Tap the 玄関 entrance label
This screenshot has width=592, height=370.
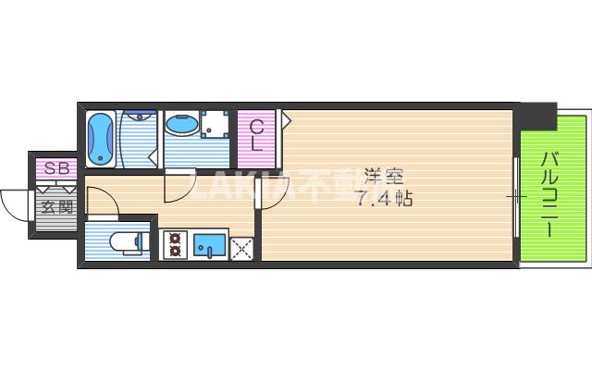click(x=55, y=205)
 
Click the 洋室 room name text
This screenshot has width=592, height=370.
click(x=379, y=175)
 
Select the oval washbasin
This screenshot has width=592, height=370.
click(x=181, y=125)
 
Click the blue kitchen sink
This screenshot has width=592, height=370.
click(x=209, y=245)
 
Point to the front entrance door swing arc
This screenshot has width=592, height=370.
click(x=17, y=201)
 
